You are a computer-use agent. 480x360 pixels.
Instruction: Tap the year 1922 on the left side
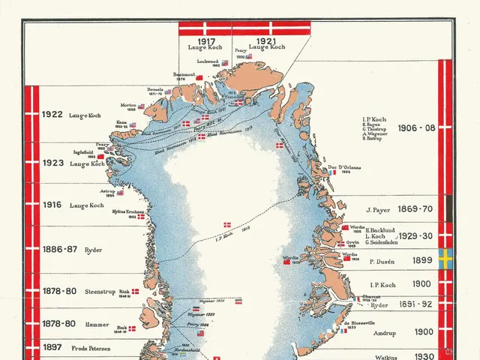pyautogui.click(x=52, y=115)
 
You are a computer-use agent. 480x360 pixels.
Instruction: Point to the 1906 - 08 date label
pyautogui.click(x=415, y=127)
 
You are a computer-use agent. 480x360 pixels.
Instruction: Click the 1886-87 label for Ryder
pyautogui.click(x=56, y=249)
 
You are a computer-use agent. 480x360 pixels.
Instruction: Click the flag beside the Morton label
pyautogui.click(x=141, y=106)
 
